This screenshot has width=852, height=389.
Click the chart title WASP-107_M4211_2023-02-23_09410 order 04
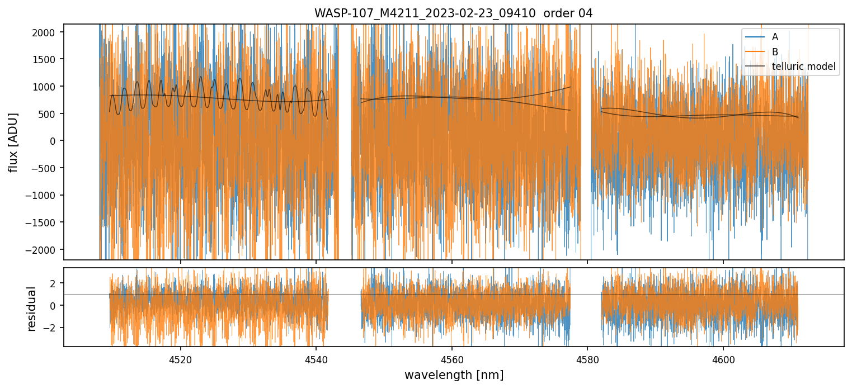tap(453, 13)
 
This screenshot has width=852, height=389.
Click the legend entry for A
tap(775, 37)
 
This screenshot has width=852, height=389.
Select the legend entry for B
tap(775, 51)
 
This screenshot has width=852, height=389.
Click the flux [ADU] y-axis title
tap(13, 142)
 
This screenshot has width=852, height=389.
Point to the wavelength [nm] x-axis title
tap(453, 374)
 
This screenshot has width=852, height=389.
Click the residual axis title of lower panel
tap(31, 308)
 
